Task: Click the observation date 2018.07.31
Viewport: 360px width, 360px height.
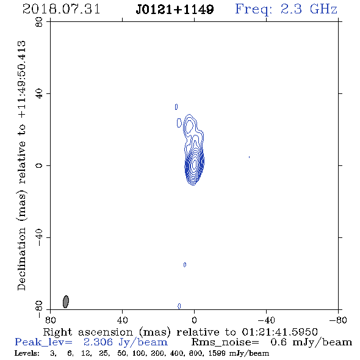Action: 61,9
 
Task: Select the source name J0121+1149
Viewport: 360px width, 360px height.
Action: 175,10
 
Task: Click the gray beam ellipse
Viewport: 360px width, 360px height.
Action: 66,301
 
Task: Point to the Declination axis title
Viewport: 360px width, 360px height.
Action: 21,166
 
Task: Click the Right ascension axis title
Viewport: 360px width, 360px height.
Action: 180,332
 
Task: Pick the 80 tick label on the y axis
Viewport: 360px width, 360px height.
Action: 39,22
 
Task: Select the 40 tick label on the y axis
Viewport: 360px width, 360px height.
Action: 39,94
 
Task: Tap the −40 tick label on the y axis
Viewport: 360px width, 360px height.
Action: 39,237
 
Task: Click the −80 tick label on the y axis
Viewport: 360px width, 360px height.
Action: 39,309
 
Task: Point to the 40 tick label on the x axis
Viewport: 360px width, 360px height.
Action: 122,320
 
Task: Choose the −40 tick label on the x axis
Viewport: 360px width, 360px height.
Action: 266,320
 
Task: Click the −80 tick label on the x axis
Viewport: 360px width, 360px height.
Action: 338,320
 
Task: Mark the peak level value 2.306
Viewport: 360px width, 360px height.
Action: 98,342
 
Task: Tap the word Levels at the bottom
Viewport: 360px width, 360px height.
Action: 27,353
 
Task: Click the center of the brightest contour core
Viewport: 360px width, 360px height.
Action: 195,164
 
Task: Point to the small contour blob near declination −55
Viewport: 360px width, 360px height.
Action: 185,265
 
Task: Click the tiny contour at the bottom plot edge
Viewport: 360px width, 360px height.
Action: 179,306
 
